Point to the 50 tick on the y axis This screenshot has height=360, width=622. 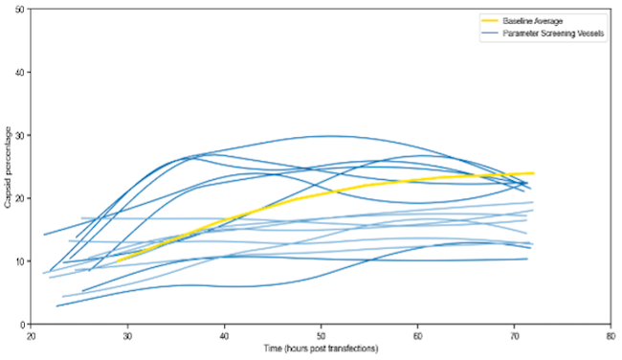pyautogui.click(x=21, y=9)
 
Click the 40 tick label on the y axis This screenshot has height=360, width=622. pyautogui.click(x=21, y=72)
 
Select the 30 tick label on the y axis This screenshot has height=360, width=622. pyautogui.click(x=21, y=135)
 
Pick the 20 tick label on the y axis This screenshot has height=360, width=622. pyautogui.click(x=21, y=198)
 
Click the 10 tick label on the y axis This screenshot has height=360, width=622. pyautogui.click(x=21, y=261)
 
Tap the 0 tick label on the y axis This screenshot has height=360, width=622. pyautogui.click(x=24, y=325)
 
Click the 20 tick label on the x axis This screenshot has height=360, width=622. pyautogui.click(x=32, y=336)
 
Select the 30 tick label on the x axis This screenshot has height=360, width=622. pyautogui.click(x=128, y=336)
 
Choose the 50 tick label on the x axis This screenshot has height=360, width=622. pyautogui.click(x=322, y=336)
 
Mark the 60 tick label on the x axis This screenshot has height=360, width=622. pyautogui.click(x=418, y=336)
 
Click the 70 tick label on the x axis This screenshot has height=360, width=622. pyautogui.click(x=514, y=336)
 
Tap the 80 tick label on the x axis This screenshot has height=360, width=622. pyautogui.click(x=611, y=336)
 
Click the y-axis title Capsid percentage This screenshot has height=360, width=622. pyautogui.click(x=8, y=167)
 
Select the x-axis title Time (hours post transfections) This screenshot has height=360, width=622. pyautogui.click(x=321, y=348)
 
